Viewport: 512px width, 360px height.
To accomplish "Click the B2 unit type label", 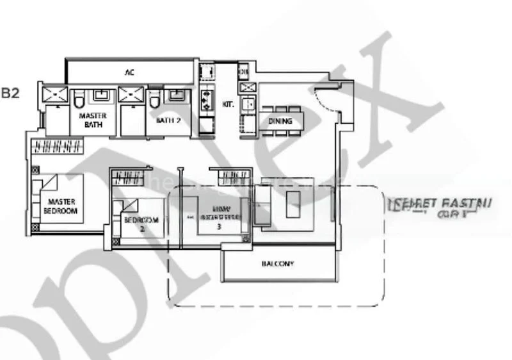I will (x=11, y=93).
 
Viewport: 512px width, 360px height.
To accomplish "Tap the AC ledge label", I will (x=129, y=73).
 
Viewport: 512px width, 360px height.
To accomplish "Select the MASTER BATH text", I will (x=92, y=120).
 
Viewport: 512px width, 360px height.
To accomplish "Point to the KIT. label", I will (x=227, y=102).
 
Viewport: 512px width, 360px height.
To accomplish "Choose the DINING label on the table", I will (x=280, y=121).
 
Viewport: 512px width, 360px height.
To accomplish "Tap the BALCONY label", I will (x=278, y=263).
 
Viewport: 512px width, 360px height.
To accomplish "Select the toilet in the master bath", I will (x=79, y=99).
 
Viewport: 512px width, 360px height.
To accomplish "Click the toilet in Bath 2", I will (x=154, y=100).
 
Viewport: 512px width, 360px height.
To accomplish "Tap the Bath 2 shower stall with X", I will (x=131, y=95).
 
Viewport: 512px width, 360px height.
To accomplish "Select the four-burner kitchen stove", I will (x=207, y=99).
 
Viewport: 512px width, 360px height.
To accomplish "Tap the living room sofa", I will (x=262, y=206).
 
